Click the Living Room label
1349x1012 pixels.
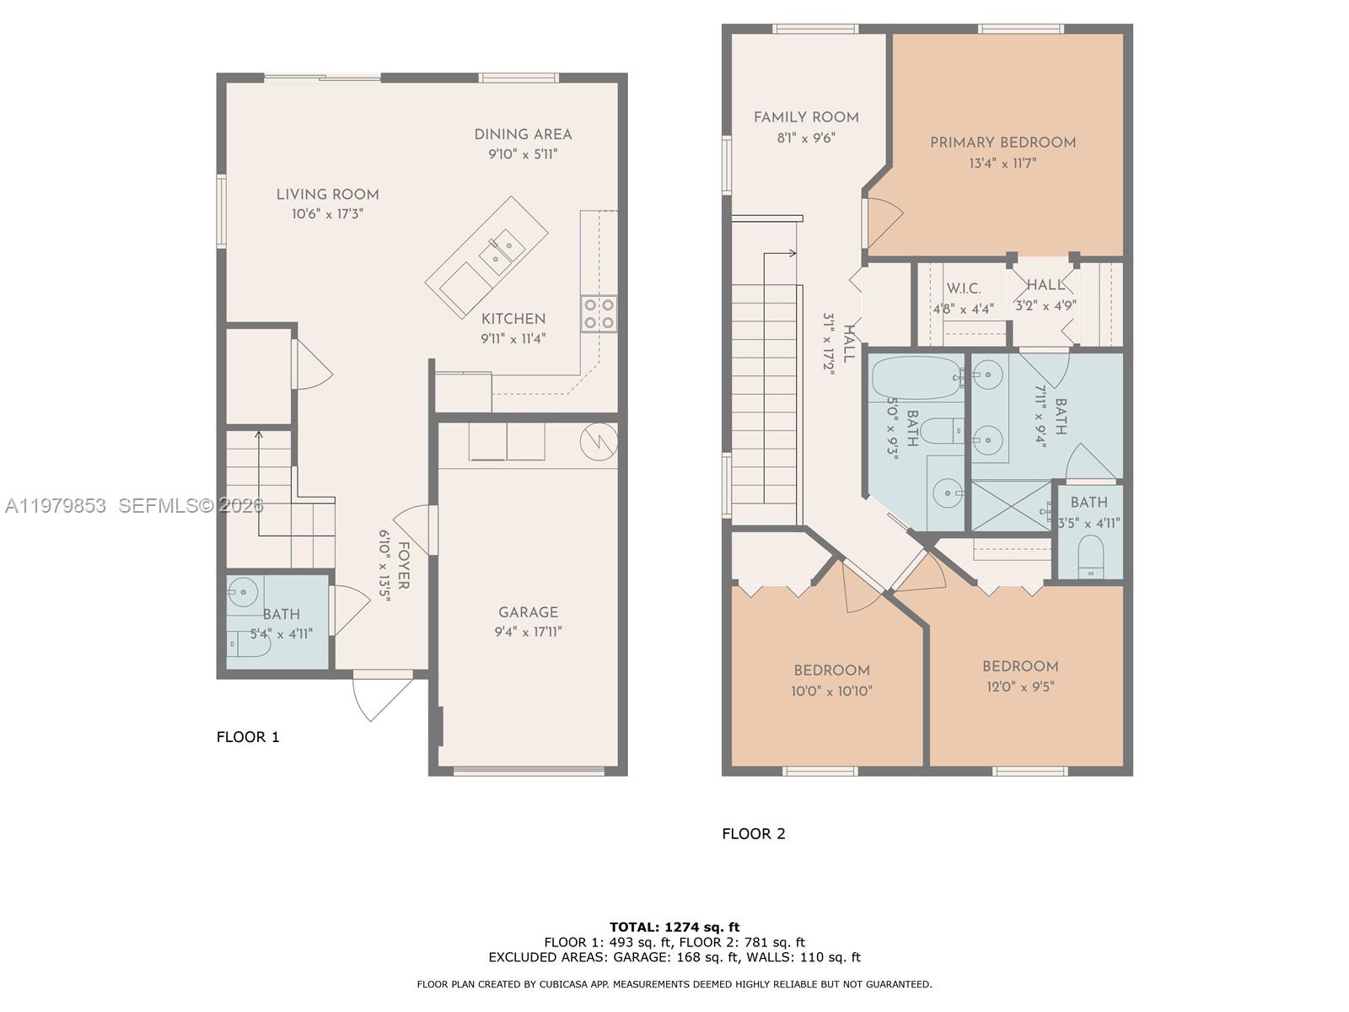tap(327, 195)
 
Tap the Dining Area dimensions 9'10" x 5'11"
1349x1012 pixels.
tap(523, 154)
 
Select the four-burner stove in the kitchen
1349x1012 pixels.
tap(598, 313)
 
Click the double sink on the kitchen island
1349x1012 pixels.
tap(501, 251)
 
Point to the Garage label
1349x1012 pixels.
tap(528, 612)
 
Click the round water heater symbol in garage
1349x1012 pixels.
tap(599, 441)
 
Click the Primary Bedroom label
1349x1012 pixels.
tap(1002, 143)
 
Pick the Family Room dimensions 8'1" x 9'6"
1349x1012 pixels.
tap(805, 137)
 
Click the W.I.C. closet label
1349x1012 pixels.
tap(963, 288)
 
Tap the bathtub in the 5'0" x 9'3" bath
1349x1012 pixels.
tap(915, 378)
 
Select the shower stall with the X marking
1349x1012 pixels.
tap(1010, 506)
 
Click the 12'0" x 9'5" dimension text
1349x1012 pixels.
tap(1020, 686)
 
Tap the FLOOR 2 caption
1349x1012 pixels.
tap(753, 834)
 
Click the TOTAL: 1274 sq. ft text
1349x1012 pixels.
tap(674, 927)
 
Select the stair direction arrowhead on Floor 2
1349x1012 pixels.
tap(793, 252)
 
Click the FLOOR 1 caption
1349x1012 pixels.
tap(248, 737)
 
